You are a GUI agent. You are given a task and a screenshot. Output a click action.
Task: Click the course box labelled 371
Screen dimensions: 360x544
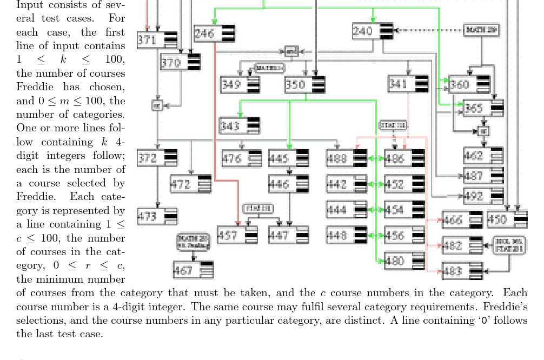tap(157, 39)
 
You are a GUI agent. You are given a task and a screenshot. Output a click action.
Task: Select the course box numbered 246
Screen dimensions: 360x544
tap(214, 34)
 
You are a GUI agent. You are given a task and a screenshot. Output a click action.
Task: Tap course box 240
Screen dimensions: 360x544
tap(373, 31)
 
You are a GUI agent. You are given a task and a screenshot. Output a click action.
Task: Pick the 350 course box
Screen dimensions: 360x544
tap(305, 85)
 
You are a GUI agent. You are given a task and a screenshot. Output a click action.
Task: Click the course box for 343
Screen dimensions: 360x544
tap(239, 126)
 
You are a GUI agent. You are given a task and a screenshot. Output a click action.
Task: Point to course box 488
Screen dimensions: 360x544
tap(346, 158)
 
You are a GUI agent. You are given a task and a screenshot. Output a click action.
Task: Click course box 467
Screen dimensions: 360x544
tap(193, 270)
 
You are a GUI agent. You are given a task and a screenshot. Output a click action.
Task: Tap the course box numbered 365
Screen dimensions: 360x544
tap(483, 108)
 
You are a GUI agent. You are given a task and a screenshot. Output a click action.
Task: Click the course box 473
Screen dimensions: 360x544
tap(157, 217)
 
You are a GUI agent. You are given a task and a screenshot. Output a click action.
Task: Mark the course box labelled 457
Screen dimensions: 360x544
tap(237, 235)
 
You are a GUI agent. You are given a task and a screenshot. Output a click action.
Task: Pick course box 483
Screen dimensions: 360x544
tap(462, 271)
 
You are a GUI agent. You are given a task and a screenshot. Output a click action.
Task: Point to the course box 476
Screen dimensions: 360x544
tap(242, 159)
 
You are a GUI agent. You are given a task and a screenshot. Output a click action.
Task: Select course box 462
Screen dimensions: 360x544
tap(483, 156)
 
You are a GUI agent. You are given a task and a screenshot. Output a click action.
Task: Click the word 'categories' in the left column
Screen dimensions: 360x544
tap(101, 114)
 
